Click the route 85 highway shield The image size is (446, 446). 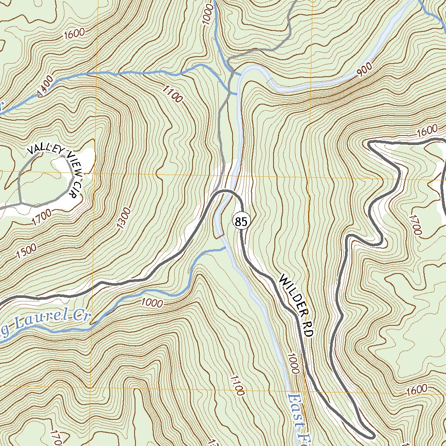tap(241, 222)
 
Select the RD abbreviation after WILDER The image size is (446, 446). tap(308, 328)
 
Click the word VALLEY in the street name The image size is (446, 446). tap(45, 149)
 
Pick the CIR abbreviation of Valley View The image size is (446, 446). tap(77, 188)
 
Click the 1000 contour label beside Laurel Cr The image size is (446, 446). tap(152, 303)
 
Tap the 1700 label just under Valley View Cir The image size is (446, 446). tap(41, 216)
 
